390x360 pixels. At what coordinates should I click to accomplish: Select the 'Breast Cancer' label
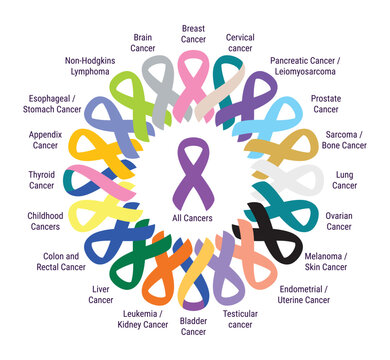coord(195,34)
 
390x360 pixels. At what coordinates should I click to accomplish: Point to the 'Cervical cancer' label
coord(240,42)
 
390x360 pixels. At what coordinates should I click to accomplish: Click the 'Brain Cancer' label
coord(143,43)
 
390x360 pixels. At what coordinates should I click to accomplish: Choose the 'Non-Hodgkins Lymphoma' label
coord(89,67)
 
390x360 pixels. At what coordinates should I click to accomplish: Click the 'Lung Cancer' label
coord(343,180)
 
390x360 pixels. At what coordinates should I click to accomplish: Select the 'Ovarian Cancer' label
coord(339,221)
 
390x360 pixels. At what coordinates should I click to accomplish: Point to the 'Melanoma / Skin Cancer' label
coord(327,262)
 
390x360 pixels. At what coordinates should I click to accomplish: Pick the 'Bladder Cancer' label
coord(194,326)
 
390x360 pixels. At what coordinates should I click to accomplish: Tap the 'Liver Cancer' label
coord(101,294)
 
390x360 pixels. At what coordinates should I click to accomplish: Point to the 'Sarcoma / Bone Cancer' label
coord(346,139)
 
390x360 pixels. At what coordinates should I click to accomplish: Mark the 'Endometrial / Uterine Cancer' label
coord(303,294)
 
